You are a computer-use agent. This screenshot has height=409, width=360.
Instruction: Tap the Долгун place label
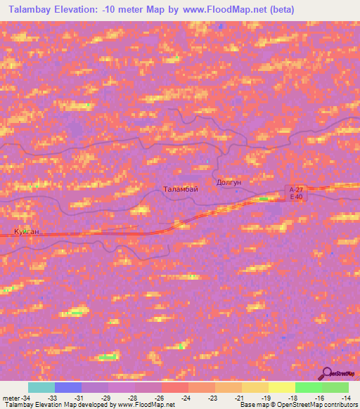coord(229,182)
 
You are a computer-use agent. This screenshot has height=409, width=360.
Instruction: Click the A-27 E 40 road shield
coord(296,193)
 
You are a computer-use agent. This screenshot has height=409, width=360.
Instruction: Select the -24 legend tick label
coord(186,398)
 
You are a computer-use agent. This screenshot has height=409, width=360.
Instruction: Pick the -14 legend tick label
coord(346,398)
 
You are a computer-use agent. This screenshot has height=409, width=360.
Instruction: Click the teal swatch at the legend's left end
coord(41,387)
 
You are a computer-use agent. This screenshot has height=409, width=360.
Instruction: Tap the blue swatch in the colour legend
coord(68,387)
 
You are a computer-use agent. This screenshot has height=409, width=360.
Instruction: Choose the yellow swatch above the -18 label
coord(282,387)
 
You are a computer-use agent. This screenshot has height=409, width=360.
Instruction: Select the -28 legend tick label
coord(132,398)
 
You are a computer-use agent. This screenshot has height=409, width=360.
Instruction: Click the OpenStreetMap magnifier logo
coord(326,372)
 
